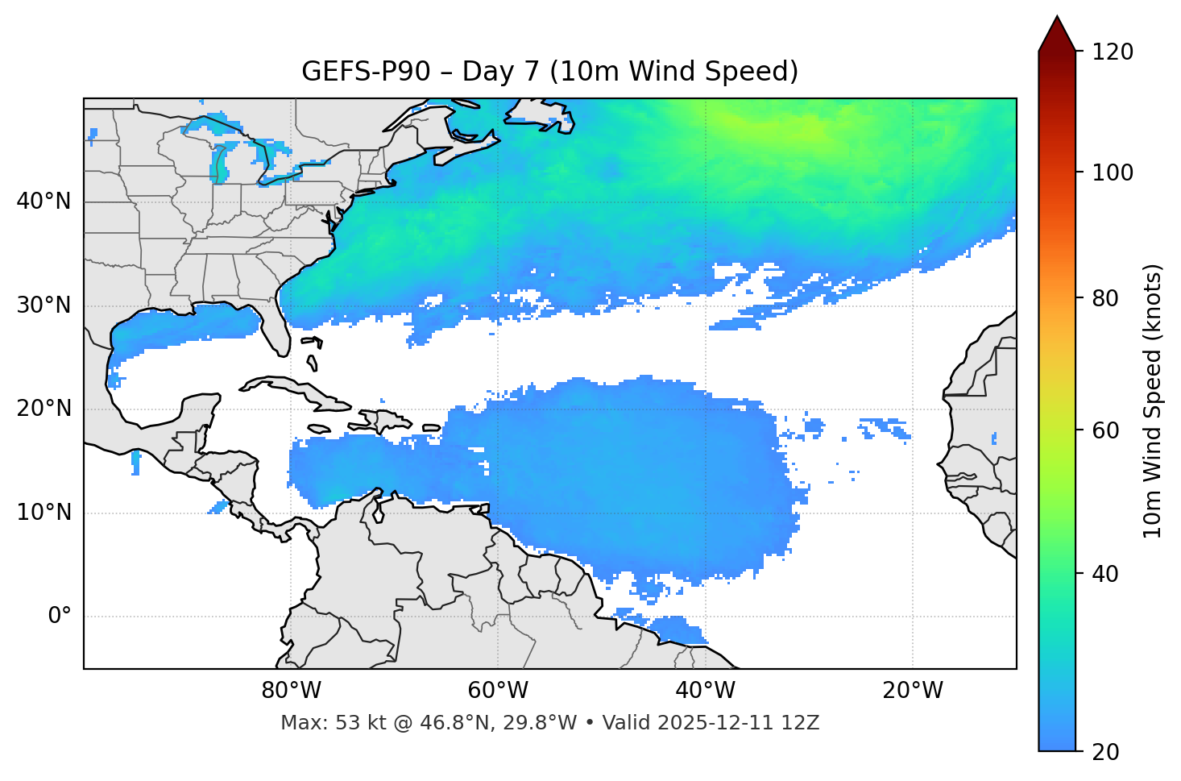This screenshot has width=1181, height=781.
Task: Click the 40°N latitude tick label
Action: pyautogui.click(x=44, y=201)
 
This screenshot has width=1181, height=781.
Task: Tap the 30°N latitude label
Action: pyautogui.click(x=44, y=305)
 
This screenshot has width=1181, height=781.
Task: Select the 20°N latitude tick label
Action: pyautogui.click(x=44, y=409)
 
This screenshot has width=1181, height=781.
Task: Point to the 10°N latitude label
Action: pyautogui.click(x=44, y=513)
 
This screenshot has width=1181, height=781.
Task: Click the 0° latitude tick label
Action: pyautogui.click(x=60, y=617)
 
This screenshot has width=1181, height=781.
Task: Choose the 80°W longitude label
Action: pyautogui.click(x=291, y=691)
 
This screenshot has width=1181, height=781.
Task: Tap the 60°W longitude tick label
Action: pyautogui.click(x=498, y=691)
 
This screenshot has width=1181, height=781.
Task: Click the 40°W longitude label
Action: pyautogui.click(x=705, y=691)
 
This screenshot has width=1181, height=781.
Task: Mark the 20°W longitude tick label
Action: pyautogui.click(x=913, y=691)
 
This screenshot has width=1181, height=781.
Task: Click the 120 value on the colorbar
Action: pyautogui.click(x=1112, y=52)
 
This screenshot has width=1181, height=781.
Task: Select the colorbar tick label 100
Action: pyautogui.click(x=1112, y=172)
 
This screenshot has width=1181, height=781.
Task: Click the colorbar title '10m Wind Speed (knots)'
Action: pyautogui.click(x=1153, y=401)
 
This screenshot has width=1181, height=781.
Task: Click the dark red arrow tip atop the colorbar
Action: pyautogui.click(x=1057, y=32)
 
